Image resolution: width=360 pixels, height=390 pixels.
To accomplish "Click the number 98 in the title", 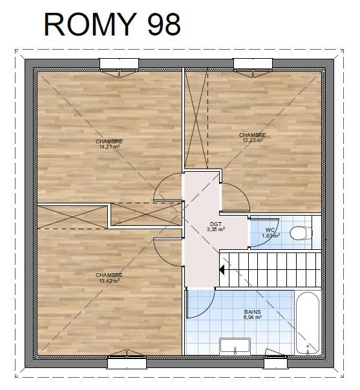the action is click(x=164, y=24).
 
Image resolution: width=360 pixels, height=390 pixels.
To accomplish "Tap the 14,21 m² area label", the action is click(x=109, y=147).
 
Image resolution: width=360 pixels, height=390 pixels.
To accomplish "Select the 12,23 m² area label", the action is click(x=253, y=140).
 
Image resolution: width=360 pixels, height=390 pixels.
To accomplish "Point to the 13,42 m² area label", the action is click(x=109, y=281).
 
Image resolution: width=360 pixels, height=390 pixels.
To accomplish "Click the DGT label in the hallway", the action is click(x=216, y=224).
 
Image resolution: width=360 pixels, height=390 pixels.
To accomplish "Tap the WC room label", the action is click(x=270, y=230).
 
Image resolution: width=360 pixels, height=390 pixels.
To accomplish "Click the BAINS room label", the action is click(x=253, y=312).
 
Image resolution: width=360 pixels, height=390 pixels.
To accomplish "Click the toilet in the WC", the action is click(x=301, y=233).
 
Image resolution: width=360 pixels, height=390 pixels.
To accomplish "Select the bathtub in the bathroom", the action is click(x=308, y=323).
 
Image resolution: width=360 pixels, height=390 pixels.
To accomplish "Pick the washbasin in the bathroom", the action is click(x=235, y=345).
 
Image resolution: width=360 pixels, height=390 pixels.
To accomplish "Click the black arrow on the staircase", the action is click(x=221, y=270).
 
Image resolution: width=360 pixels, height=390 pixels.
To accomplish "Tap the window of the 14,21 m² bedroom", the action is click(x=120, y=64).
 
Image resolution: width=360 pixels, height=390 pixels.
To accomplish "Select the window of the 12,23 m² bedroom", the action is click(x=253, y=64).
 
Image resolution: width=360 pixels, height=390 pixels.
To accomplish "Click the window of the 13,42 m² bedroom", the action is click(x=127, y=362).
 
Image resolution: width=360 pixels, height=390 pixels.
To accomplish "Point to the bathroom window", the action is click(x=275, y=362).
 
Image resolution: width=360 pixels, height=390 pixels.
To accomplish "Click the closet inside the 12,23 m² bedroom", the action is click(x=196, y=119).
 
